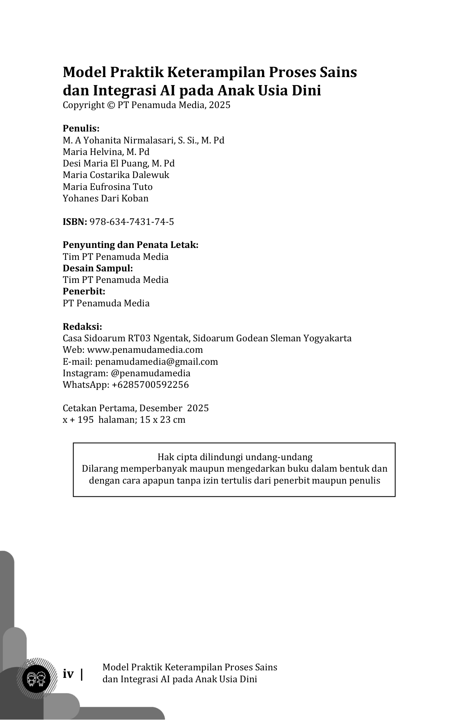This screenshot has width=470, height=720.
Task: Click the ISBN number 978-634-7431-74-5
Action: [132, 222]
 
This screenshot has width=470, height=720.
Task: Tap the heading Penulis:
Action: [81, 128]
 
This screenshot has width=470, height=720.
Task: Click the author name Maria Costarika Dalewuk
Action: [116, 175]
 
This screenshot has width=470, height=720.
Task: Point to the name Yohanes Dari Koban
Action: [105, 198]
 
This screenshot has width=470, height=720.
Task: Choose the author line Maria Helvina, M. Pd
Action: [106, 152]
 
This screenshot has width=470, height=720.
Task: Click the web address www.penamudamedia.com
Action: [145, 350]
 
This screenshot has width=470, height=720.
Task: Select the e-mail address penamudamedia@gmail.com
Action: [156, 362]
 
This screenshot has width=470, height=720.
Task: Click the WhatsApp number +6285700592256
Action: [150, 385]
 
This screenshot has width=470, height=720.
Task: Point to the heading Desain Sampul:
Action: [98, 268]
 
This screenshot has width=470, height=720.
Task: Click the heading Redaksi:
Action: [82, 327]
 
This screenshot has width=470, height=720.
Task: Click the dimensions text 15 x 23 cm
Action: [163, 420]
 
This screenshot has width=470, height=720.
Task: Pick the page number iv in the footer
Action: [68, 674]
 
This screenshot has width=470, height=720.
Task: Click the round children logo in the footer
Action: [36, 679]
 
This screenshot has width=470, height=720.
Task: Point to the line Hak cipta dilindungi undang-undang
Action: [235, 457]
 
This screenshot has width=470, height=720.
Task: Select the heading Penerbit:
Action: [84, 291]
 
